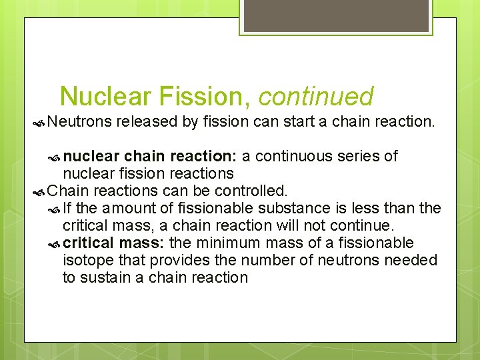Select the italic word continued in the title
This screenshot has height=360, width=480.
(x=315, y=97)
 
